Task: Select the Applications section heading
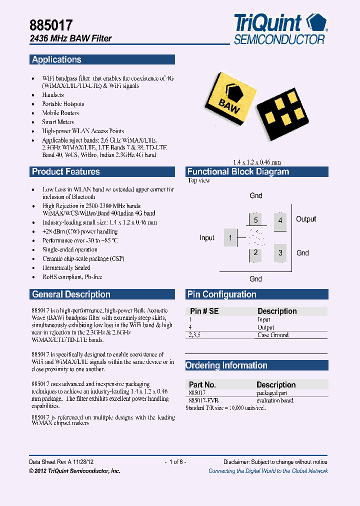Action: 56,59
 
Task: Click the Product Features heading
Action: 66,171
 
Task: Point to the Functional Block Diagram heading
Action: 238,171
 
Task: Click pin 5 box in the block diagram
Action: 255,220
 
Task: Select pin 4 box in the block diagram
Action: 280,220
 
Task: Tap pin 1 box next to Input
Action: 230,237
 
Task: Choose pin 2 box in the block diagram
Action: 255,253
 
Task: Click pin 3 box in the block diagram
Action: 280,253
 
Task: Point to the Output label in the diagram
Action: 306,219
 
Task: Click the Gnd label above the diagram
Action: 255,195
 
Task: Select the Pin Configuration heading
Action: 221,294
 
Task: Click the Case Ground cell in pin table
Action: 273,335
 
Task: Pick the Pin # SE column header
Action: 204,311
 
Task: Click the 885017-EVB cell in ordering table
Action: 204,400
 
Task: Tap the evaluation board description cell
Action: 275,400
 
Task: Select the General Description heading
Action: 71,294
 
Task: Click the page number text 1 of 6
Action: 175,462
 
